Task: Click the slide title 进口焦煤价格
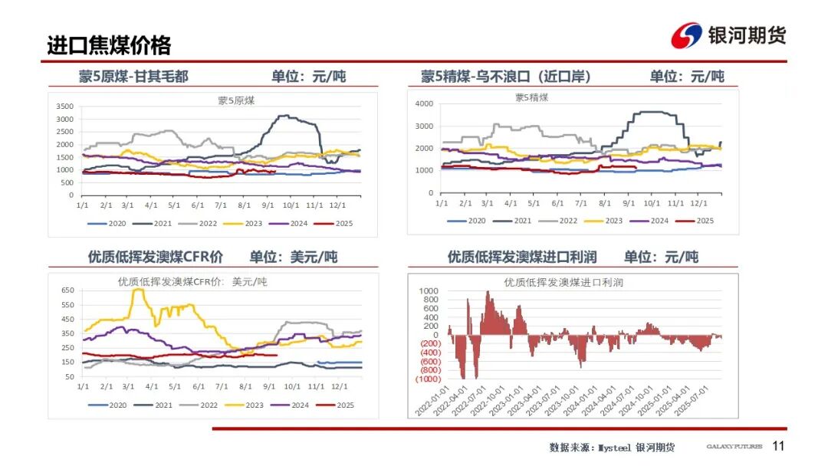point(109,44)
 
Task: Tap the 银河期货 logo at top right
point(728,35)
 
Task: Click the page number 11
point(778,446)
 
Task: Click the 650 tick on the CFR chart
point(67,290)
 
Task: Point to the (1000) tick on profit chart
point(427,379)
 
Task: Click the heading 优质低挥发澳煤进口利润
point(522,257)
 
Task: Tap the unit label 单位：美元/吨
point(293,257)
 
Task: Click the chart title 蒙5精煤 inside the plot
point(531,97)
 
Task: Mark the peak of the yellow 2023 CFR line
point(138,290)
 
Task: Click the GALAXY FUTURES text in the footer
point(734,447)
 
